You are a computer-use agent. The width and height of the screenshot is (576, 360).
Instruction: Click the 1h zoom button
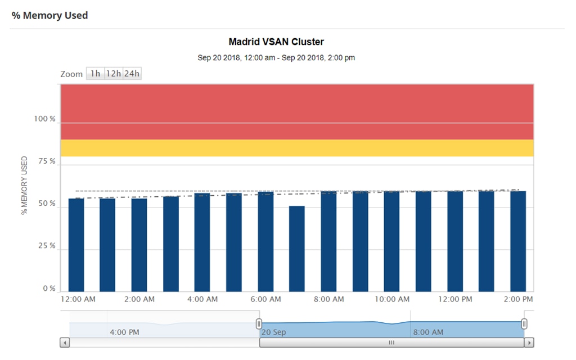[95, 74]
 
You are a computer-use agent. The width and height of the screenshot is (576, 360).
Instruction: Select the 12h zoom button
[114, 74]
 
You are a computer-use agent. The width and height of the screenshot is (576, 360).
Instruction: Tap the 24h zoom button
[132, 74]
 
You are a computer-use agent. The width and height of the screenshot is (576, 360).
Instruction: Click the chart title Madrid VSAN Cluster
[276, 42]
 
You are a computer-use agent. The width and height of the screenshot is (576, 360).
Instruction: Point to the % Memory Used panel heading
[50, 15]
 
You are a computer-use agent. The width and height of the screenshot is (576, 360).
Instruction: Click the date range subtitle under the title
[276, 57]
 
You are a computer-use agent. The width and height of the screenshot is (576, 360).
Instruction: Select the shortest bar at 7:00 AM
[297, 249]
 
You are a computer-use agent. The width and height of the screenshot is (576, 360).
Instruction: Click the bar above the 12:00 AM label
[76, 245]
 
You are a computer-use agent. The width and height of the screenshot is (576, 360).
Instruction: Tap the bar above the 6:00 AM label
[265, 241]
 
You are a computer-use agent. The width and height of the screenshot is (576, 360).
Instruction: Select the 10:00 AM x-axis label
[392, 299]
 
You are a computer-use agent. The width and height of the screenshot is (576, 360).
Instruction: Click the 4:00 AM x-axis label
[202, 299]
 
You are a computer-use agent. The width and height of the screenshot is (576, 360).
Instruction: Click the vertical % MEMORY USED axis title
[24, 186]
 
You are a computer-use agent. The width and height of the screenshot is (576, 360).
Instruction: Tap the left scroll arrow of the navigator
[65, 342]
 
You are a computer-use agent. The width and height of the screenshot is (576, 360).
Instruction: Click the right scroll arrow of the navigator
[529, 342]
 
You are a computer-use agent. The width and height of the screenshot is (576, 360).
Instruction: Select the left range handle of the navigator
[259, 323]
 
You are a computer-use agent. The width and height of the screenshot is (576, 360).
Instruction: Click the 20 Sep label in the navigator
[274, 332]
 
